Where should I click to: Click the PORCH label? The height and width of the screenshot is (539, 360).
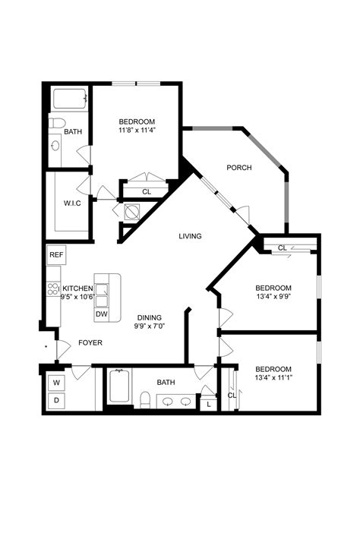click(238, 167)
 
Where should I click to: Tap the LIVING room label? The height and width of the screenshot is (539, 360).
click(190, 236)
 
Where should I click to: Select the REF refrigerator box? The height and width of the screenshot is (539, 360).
click(56, 255)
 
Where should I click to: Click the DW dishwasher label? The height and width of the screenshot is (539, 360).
click(101, 314)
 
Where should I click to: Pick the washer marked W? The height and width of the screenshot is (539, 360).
click(56, 382)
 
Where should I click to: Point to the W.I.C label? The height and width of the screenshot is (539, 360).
click(72, 202)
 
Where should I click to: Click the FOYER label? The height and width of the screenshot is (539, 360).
click(90, 342)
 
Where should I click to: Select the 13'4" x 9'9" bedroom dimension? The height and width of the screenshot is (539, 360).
click(273, 297)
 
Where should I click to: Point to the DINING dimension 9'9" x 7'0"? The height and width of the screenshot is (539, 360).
click(150, 326)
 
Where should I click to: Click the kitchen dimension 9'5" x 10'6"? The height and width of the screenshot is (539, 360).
click(77, 298)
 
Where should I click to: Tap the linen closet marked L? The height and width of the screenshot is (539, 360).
click(209, 405)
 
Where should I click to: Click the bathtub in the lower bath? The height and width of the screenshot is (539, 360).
click(118, 388)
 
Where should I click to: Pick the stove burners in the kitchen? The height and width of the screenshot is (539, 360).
click(53, 288)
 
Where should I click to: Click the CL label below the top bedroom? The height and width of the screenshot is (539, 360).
click(147, 192)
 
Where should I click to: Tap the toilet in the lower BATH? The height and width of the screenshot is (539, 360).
click(145, 399)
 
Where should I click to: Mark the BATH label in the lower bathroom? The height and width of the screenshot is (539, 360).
click(166, 383)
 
